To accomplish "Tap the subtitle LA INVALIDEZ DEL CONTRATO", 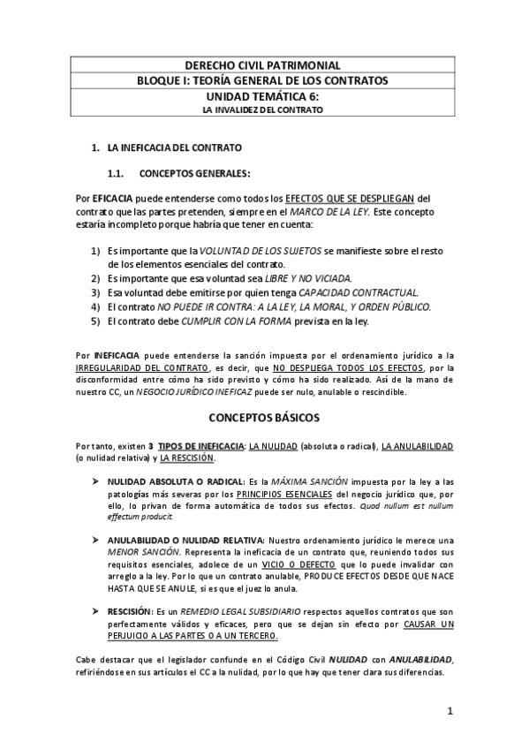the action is (262, 110).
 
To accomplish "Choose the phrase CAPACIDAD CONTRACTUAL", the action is (359, 292).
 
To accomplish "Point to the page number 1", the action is (450, 711).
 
